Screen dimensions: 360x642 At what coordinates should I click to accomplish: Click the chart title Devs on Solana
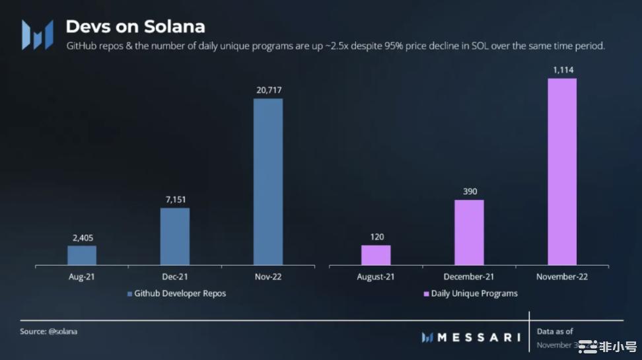(x=135, y=26)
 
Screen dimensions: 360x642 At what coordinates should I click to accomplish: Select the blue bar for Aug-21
(x=82, y=256)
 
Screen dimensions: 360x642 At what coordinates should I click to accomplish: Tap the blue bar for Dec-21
(x=175, y=237)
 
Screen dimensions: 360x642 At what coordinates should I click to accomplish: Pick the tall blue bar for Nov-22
(x=268, y=182)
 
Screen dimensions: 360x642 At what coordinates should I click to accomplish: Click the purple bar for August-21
(x=376, y=256)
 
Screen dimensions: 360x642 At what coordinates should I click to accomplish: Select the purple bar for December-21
(x=469, y=233)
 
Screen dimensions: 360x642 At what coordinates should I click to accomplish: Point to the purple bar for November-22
(x=562, y=172)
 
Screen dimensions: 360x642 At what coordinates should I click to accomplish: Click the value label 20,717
(x=268, y=89)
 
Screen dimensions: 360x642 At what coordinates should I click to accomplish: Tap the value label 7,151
(x=175, y=198)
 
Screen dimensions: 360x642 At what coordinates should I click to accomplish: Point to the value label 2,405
(x=82, y=236)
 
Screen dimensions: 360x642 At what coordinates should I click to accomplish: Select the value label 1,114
(x=562, y=69)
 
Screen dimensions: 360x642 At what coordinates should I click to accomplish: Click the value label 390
(x=469, y=191)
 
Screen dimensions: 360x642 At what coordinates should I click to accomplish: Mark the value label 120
(x=376, y=236)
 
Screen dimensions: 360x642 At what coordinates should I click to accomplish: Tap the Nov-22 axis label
(x=268, y=277)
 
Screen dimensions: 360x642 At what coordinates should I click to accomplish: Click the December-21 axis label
(x=469, y=277)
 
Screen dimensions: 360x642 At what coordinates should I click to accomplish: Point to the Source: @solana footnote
(x=48, y=332)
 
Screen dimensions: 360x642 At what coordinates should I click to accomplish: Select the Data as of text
(x=555, y=332)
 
